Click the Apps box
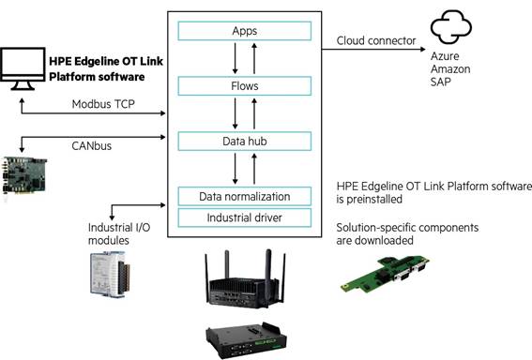[244, 31]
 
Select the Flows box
[244, 86]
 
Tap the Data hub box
[244, 141]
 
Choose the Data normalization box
[244, 197]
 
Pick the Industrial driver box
[244, 217]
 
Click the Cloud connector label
[376, 40]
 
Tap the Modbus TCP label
[103, 104]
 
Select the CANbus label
[92, 146]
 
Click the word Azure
[445, 56]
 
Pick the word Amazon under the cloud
[450, 68]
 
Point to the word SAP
[440, 82]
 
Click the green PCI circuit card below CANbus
[23, 176]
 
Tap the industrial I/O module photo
[110, 275]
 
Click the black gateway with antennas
[245, 279]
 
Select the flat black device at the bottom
[246, 340]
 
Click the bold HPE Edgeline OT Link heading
[106, 68]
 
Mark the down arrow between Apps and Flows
[235, 58]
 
